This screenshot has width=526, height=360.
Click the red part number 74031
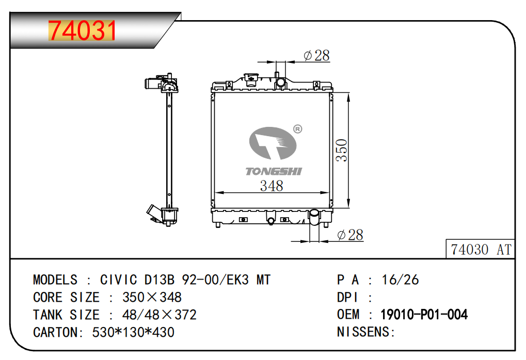(x=82, y=30)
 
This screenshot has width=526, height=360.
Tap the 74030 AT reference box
(x=481, y=249)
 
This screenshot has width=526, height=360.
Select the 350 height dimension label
(x=342, y=150)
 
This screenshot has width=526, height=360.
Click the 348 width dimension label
(x=272, y=186)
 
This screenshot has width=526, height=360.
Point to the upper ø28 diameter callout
(x=316, y=56)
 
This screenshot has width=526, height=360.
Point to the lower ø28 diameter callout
(x=350, y=235)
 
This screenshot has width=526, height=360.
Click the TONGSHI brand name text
(x=274, y=171)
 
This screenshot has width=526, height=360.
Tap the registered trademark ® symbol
(x=297, y=129)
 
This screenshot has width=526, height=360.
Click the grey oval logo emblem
(x=273, y=143)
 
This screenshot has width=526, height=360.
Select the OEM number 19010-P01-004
(x=424, y=315)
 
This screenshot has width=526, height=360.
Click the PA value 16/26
(x=400, y=280)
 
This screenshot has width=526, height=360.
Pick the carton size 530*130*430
(x=133, y=332)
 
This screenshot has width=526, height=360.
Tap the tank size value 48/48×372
(x=160, y=315)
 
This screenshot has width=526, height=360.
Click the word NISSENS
(x=363, y=332)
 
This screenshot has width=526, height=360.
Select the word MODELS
(x=55, y=280)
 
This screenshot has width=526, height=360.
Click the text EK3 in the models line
(x=238, y=280)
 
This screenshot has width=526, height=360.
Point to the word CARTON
(x=55, y=332)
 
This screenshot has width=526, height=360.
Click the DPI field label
(x=347, y=297)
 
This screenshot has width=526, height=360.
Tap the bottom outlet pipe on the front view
(x=315, y=217)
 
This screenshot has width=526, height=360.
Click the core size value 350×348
(x=152, y=297)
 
